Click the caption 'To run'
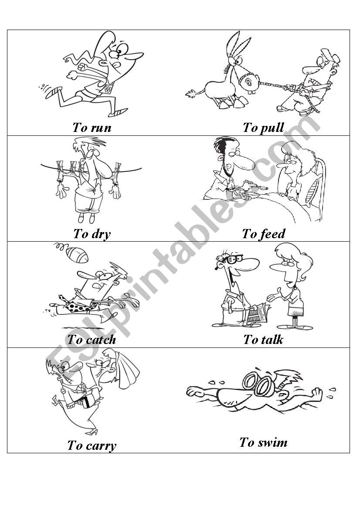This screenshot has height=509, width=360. click(x=92, y=128)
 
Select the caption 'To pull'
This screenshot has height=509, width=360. click(x=264, y=128)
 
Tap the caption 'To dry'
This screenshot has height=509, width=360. click(x=92, y=234)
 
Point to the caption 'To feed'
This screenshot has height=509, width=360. click(x=264, y=234)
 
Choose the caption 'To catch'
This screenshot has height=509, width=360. click(x=92, y=340)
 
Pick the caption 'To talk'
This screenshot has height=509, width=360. click(x=264, y=340)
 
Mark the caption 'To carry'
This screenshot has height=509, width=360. click(x=92, y=446)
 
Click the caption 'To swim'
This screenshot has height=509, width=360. click(x=264, y=442)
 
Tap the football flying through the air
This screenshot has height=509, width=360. click(x=77, y=255)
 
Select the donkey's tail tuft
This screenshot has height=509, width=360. click(x=191, y=94)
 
